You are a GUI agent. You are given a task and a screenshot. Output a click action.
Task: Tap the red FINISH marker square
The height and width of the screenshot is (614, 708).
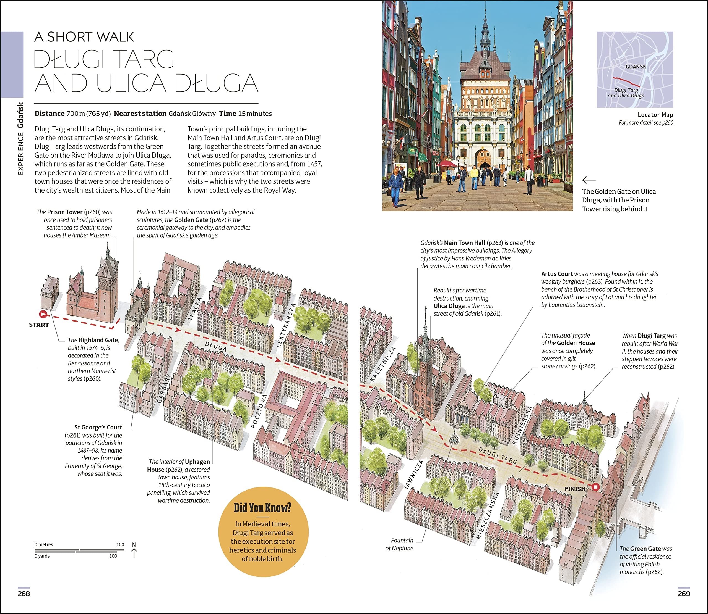[596, 487]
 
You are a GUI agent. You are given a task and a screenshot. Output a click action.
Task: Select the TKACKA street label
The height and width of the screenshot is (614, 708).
[194, 309]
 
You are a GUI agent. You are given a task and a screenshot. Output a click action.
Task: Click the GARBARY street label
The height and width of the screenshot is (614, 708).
[164, 389]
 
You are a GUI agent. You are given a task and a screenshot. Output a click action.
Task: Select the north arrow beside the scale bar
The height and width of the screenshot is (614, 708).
[134, 550]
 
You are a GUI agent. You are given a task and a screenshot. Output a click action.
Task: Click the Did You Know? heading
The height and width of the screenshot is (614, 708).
[262, 507]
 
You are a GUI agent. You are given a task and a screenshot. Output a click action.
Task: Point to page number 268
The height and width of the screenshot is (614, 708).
[24, 594]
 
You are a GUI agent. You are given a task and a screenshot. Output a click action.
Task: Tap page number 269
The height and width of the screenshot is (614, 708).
[684, 594]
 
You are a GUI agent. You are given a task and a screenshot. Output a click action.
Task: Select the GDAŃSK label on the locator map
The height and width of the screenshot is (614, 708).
[636, 67]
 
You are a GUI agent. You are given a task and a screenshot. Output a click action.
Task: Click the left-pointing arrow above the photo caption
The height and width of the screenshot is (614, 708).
[589, 180]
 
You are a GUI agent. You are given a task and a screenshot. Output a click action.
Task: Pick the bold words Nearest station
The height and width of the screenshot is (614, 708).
[140, 114]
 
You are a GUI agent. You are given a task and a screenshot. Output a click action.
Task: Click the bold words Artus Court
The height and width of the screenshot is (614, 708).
[557, 274]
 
